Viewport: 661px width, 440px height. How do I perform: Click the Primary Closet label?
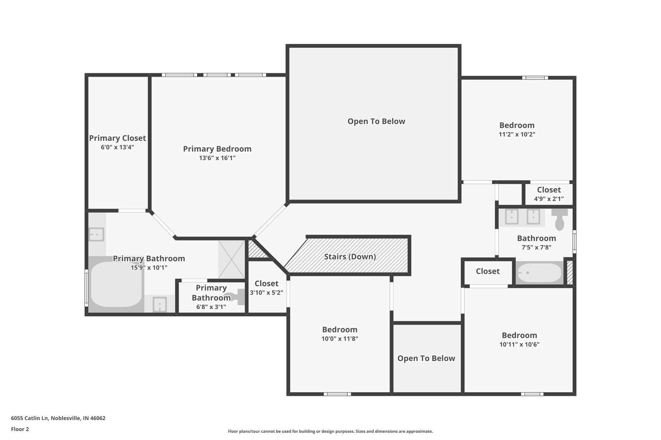point(117,138)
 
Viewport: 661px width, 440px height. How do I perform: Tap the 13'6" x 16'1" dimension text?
point(217,158)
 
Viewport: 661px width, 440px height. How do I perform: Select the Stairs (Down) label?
point(350,257)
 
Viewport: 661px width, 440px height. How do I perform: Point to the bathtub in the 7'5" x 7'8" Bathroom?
point(539,273)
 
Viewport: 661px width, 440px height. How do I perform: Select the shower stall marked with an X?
point(231,259)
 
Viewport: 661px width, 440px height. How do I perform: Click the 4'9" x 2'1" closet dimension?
point(549,199)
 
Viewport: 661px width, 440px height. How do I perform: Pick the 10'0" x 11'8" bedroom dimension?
point(340,339)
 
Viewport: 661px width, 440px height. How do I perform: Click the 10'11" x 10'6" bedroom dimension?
point(519,344)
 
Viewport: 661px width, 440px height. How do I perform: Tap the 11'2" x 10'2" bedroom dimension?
point(517,134)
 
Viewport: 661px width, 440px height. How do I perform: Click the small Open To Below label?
point(426,358)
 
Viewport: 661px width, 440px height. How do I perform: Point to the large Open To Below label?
point(376,121)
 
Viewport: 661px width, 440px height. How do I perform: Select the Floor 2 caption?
point(20,429)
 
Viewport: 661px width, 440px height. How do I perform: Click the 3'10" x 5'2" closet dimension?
point(266,293)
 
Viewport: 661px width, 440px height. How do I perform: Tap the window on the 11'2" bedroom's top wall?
point(535,78)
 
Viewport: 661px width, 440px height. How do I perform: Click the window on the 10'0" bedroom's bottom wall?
point(337,394)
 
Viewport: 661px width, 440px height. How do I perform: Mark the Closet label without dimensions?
point(488,271)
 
